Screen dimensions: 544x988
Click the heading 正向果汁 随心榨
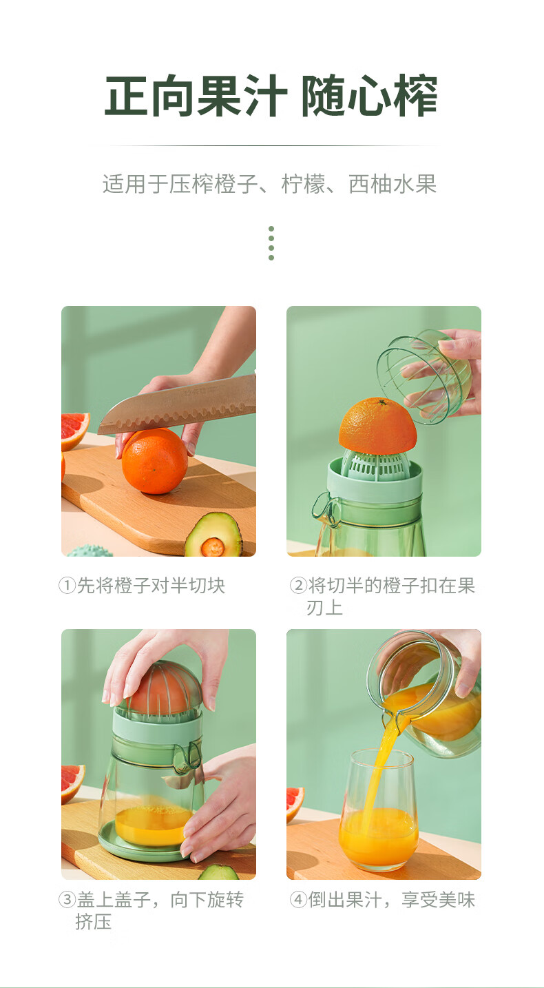pyautogui.click(x=271, y=96)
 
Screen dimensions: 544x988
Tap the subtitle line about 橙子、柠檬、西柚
pyautogui.click(x=269, y=184)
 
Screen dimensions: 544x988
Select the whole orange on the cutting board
pyautogui.click(x=154, y=461)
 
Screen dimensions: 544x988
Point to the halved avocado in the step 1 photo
pyautogui.click(x=213, y=535)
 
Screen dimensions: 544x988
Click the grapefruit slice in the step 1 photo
pyautogui.click(x=74, y=430)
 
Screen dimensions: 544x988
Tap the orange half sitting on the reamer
pyautogui.click(x=378, y=425)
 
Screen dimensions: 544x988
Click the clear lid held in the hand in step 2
pyautogui.click(x=423, y=378)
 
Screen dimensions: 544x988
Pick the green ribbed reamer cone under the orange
pyautogui.click(x=375, y=465)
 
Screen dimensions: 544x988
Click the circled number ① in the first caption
pyautogui.click(x=67, y=586)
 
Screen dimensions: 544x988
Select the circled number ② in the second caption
pyautogui.click(x=298, y=586)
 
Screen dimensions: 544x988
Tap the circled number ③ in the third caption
pyautogui.click(x=67, y=899)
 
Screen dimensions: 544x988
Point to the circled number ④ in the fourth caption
pyautogui.click(x=298, y=899)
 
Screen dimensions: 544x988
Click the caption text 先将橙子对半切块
pyautogui.click(x=151, y=586)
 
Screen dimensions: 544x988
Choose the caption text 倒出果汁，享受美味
pyautogui.click(x=391, y=899)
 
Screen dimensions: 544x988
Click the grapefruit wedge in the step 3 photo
pyautogui.click(x=72, y=783)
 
